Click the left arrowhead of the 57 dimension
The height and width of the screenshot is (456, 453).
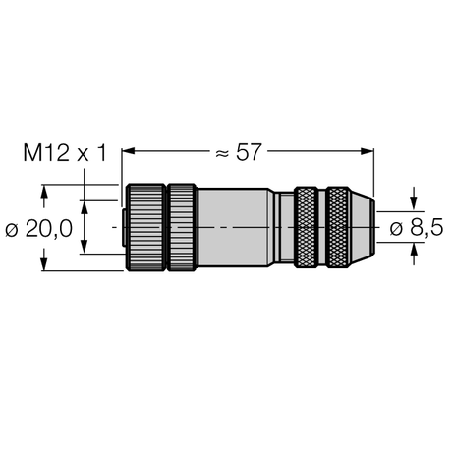coord(127,151)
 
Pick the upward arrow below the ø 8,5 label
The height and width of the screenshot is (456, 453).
coord(412,253)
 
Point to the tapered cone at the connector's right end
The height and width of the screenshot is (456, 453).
coord(363,227)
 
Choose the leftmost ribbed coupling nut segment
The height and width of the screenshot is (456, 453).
coord(145,227)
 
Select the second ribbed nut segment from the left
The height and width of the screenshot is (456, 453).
coord(182,227)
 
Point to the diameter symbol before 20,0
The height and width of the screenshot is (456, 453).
coord(11,228)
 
